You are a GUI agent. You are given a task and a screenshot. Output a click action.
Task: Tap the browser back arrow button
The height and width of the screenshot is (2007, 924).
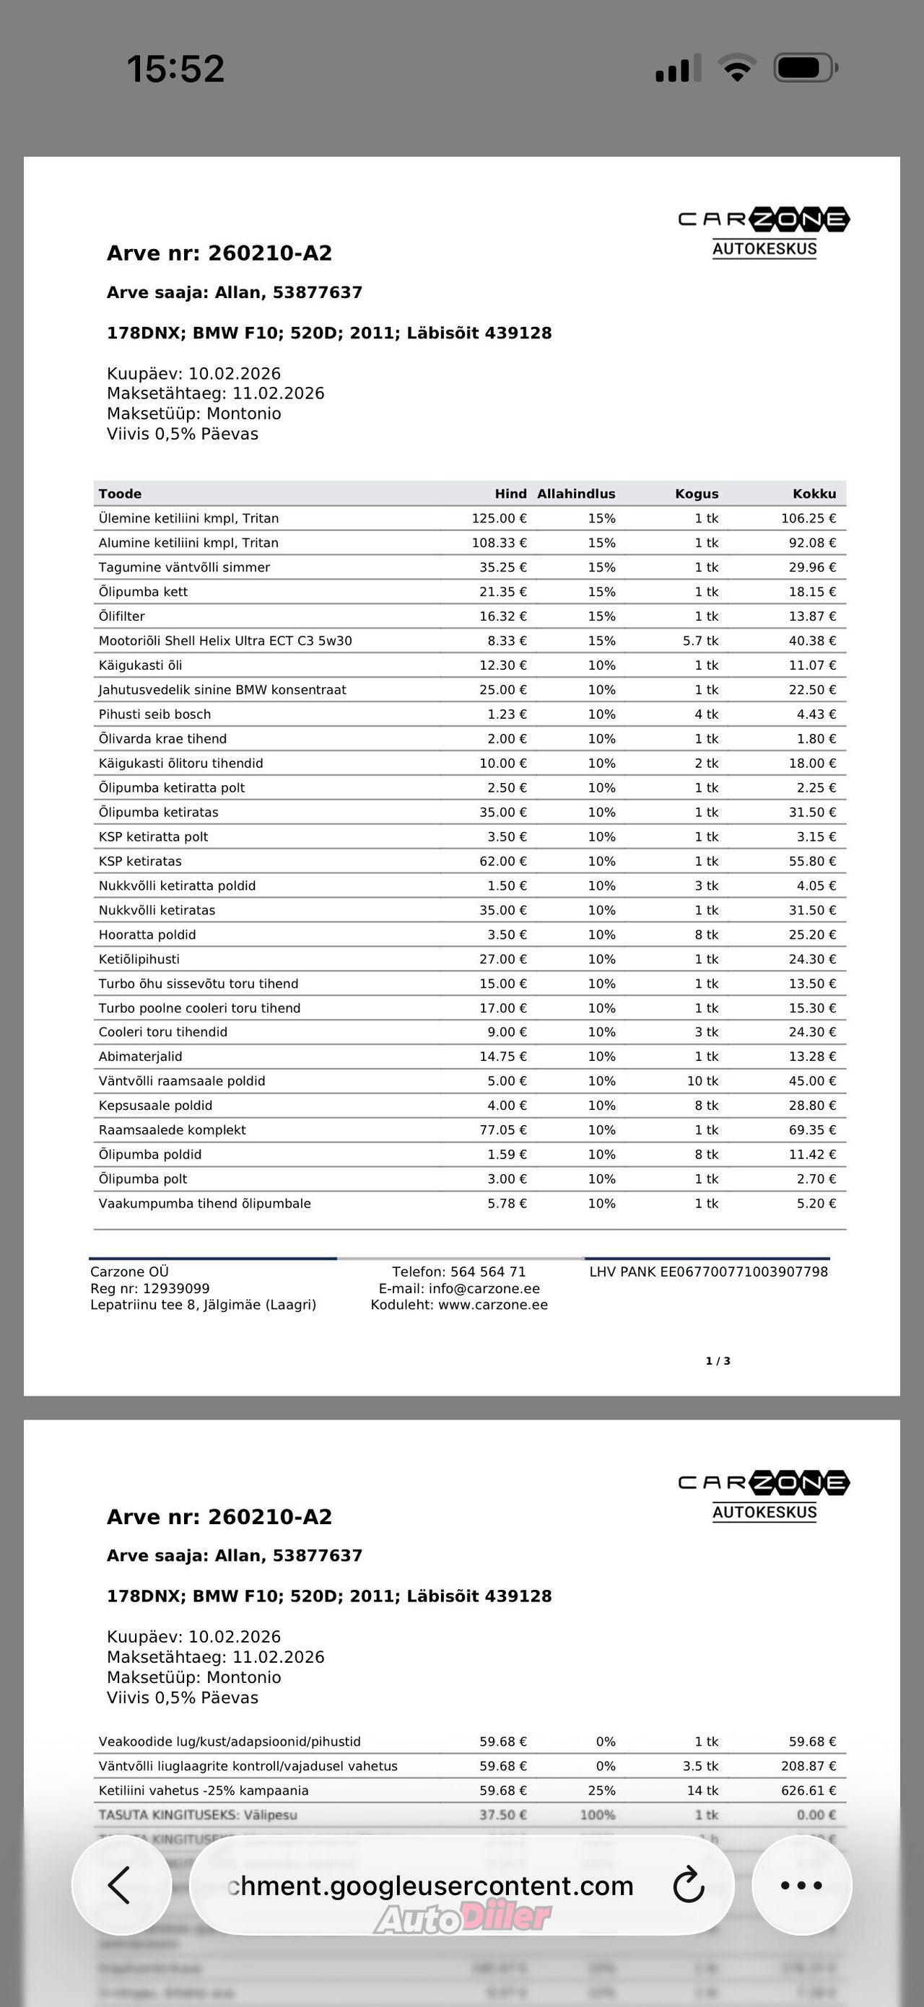click(x=120, y=1886)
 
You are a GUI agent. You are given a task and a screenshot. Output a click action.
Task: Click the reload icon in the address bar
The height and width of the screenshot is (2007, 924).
click(x=689, y=1886)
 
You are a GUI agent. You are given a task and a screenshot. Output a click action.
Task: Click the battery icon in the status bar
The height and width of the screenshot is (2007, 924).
click(x=805, y=69)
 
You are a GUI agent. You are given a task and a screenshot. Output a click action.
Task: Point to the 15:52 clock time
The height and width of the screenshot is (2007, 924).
click(x=176, y=69)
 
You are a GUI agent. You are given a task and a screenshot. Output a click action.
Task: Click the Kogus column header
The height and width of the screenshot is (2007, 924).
click(x=697, y=494)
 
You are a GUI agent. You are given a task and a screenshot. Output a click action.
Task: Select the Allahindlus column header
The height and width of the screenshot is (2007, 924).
click(x=576, y=494)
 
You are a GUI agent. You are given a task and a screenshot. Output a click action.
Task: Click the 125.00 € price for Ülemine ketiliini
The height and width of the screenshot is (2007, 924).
click(x=499, y=518)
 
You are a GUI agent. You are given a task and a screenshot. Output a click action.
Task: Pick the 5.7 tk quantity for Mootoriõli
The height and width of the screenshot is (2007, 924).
click(x=700, y=640)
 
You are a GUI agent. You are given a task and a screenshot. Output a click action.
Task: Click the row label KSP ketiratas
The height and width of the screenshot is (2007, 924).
click(x=140, y=861)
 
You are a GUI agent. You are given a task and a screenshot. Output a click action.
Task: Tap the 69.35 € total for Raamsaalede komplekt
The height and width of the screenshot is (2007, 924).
click(x=812, y=1129)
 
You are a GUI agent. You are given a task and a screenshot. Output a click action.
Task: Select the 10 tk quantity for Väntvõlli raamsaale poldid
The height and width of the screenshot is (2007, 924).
click(x=702, y=1080)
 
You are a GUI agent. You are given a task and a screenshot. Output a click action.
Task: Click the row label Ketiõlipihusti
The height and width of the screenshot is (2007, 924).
click(x=139, y=959)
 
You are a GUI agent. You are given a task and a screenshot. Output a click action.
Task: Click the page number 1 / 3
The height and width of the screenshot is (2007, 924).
click(x=718, y=1361)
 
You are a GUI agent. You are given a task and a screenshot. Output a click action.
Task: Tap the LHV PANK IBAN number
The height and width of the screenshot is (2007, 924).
click(x=708, y=1272)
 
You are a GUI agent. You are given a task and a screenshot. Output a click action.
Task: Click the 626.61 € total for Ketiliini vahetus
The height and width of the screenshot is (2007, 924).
click(x=808, y=1790)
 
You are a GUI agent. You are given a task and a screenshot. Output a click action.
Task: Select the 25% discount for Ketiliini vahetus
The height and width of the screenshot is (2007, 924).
click(x=601, y=1790)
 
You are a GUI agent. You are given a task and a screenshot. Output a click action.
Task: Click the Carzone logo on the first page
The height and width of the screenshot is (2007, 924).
click(x=764, y=232)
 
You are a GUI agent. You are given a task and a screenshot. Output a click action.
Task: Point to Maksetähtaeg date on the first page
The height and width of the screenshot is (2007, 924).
click(x=216, y=393)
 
